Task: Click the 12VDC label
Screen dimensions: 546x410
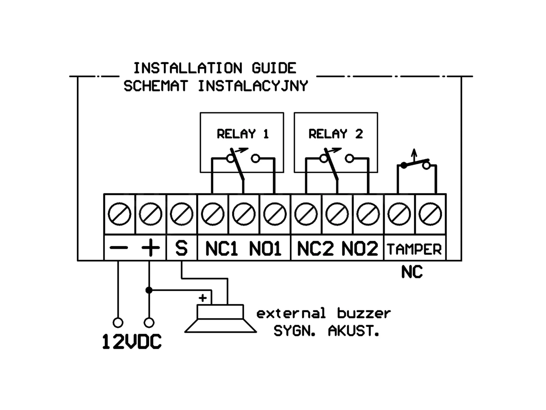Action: tap(132, 342)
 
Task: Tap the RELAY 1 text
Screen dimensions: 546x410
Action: tap(243, 134)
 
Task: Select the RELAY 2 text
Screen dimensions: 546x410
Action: tap(335, 134)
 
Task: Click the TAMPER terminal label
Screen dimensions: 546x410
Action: tap(414, 249)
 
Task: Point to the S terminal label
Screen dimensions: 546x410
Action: tap(181, 248)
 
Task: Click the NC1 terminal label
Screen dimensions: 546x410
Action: tap(221, 249)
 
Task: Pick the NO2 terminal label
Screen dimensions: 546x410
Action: tap(360, 249)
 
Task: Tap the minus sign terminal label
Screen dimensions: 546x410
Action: tap(119, 247)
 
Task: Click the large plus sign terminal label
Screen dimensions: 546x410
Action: tap(150, 247)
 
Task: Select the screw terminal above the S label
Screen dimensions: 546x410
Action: tap(182, 214)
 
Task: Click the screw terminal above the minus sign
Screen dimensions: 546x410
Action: tap(119, 214)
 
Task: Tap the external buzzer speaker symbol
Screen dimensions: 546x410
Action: tap(220, 318)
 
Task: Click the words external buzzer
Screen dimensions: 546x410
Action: tap(324, 313)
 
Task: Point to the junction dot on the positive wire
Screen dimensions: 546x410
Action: tap(149, 290)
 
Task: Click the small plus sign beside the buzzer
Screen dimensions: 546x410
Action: tap(203, 298)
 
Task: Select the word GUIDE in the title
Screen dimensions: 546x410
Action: tap(274, 68)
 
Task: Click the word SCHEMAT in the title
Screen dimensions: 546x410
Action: tap(156, 86)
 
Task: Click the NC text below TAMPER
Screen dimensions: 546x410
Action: tap(412, 272)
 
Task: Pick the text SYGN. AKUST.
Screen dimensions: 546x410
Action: tap(326, 331)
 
